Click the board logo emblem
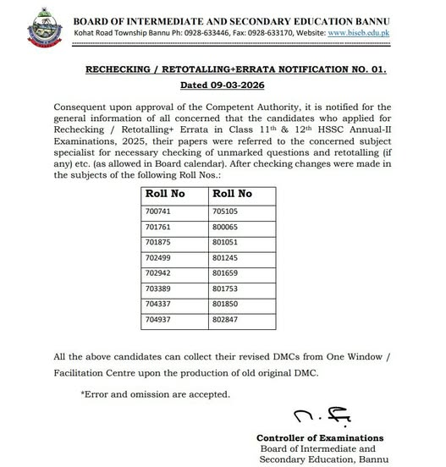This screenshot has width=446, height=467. click(39, 28)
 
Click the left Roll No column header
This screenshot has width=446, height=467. click(165, 194)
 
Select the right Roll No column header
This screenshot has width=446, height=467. click(231, 194)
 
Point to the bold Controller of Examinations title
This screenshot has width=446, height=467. click(320, 437)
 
